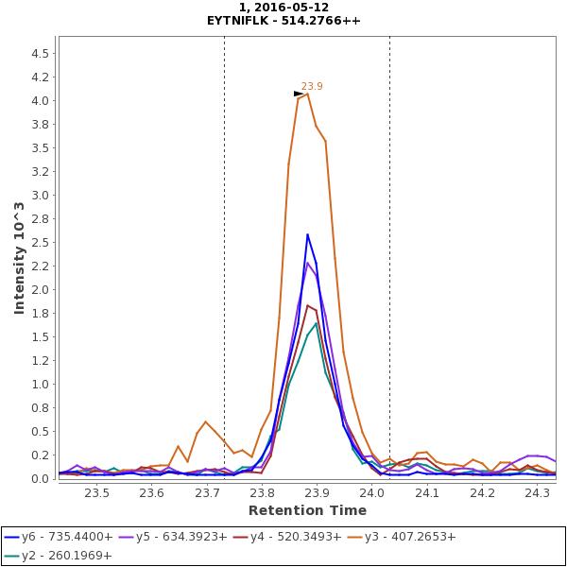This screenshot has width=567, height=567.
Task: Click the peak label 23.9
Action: tap(312, 86)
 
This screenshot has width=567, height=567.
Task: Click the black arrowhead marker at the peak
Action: tap(299, 94)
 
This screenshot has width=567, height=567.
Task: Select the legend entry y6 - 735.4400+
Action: tap(64, 537)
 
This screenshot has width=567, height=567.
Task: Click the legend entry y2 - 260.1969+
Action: tap(64, 556)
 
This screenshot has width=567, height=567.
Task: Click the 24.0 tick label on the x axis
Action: tap(372, 492)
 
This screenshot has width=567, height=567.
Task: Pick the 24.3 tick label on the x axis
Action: tap(538, 492)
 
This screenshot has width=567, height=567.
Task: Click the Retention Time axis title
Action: tap(307, 510)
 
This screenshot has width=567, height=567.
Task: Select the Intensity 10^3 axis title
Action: tap(19, 257)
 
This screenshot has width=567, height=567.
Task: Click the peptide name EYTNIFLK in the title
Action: tap(245, 20)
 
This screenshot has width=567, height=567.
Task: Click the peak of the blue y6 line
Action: tap(307, 234)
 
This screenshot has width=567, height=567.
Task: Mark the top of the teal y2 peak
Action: tap(317, 323)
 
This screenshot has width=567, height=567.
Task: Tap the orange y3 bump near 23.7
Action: tap(205, 421)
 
